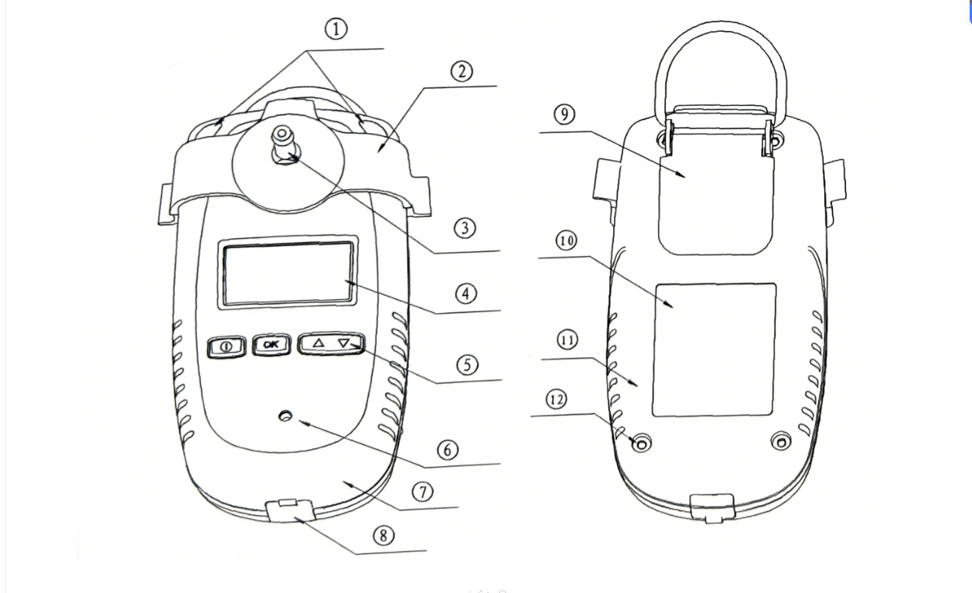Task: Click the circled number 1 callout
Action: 335,29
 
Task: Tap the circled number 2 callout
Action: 461,72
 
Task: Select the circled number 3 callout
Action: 465,229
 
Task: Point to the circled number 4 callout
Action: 466,294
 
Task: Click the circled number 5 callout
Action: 466,363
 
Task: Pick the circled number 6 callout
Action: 448,449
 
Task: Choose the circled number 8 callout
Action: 384,535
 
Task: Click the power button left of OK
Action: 227,346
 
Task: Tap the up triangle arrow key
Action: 319,343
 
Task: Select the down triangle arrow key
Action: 344,344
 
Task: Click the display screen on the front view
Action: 288,273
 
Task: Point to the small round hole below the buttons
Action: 287,417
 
